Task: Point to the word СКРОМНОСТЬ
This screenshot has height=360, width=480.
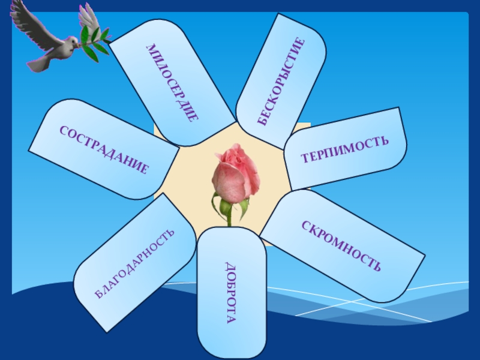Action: [341, 245]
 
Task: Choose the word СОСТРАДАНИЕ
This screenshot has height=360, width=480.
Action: [103, 149]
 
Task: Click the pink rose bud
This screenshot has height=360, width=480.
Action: [236, 173]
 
